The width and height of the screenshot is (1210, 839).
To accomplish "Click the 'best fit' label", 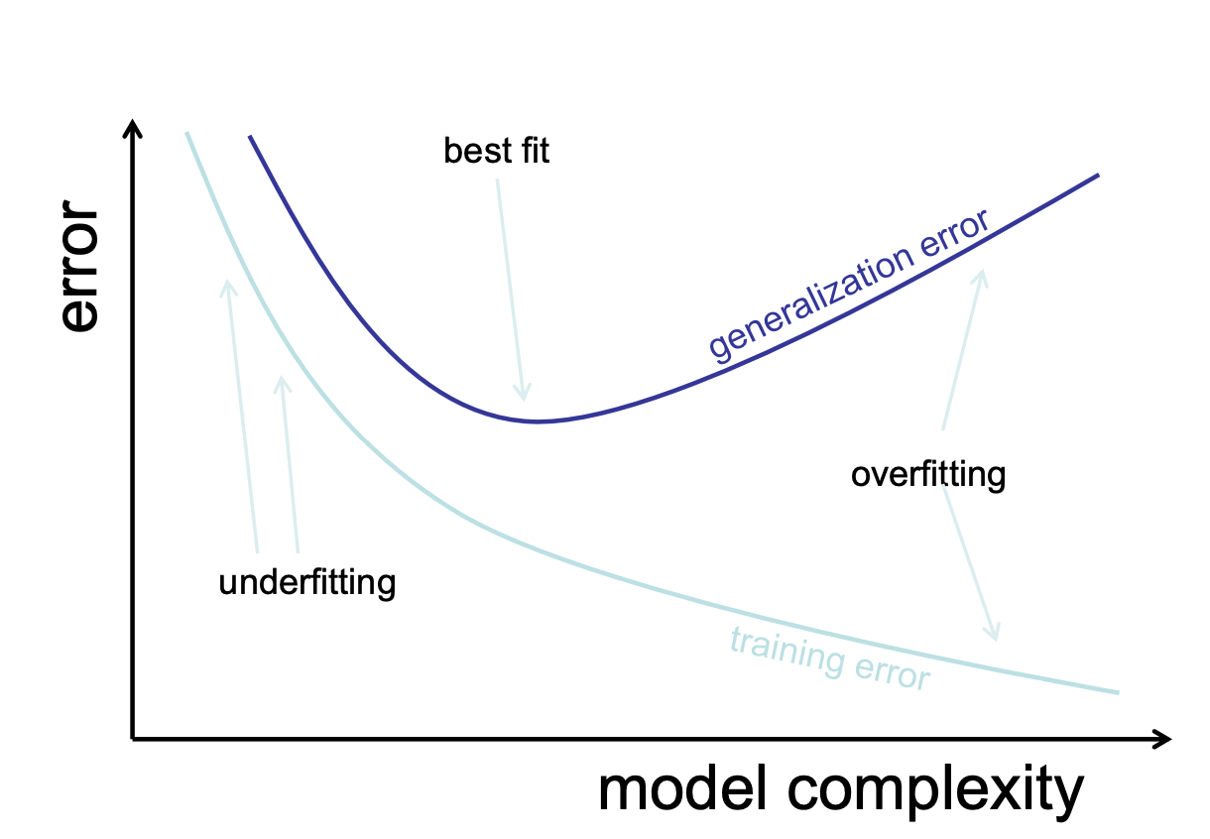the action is (x=496, y=151).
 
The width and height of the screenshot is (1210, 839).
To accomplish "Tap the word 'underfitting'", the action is (x=306, y=582).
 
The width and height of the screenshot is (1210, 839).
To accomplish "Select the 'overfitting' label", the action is (x=927, y=475).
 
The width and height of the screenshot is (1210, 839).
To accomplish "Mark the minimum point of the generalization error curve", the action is (x=537, y=421).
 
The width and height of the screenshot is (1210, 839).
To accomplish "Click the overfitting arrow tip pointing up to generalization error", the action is (x=983, y=274).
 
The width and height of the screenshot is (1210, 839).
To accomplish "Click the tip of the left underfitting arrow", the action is (x=228, y=284).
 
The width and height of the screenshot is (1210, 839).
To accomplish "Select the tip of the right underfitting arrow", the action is (x=282, y=380).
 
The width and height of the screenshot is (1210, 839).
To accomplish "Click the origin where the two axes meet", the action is (x=133, y=738).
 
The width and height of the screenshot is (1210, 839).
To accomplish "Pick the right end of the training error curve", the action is (x=1118, y=692).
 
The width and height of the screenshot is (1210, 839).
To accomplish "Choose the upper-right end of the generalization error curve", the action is (x=1098, y=176).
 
